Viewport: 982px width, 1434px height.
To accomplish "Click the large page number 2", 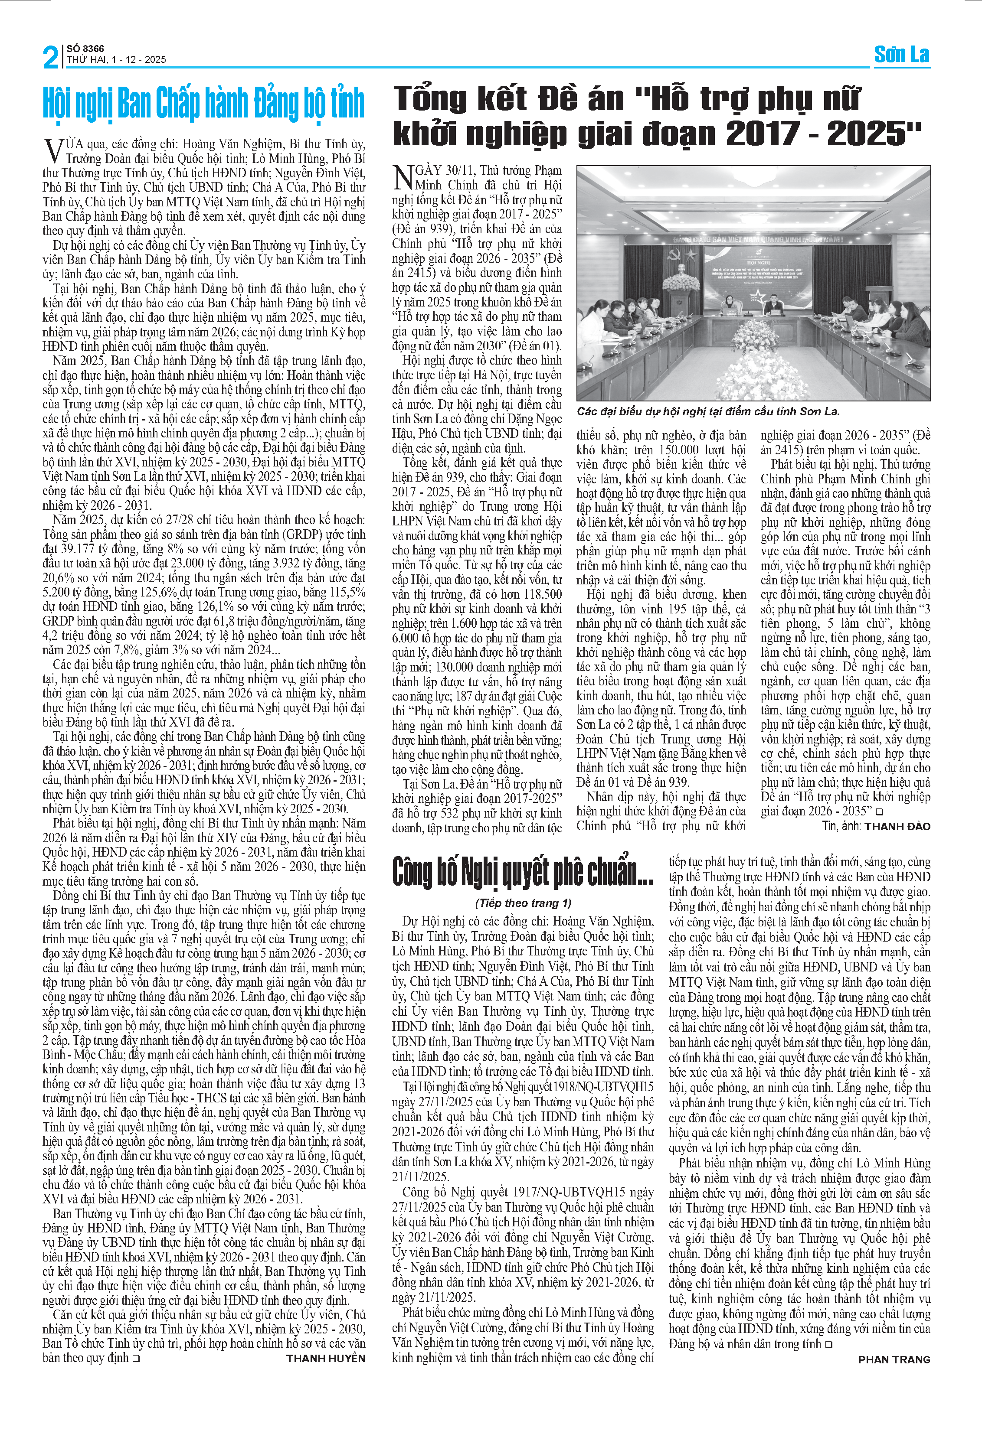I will pyautogui.click(x=51, y=57).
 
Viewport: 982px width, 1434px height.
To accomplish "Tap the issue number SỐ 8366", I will pyautogui.click(x=85, y=48).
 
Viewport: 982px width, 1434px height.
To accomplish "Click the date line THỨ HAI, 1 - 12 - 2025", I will pyautogui.click(x=117, y=60).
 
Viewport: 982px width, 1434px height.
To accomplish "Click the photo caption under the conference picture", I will pyautogui.click(x=708, y=411).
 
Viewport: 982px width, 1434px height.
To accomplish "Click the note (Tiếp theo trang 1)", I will pyautogui.click(x=523, y=903).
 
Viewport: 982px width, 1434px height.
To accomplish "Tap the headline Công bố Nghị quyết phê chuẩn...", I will pyautogui.click(x=523, y=870).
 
